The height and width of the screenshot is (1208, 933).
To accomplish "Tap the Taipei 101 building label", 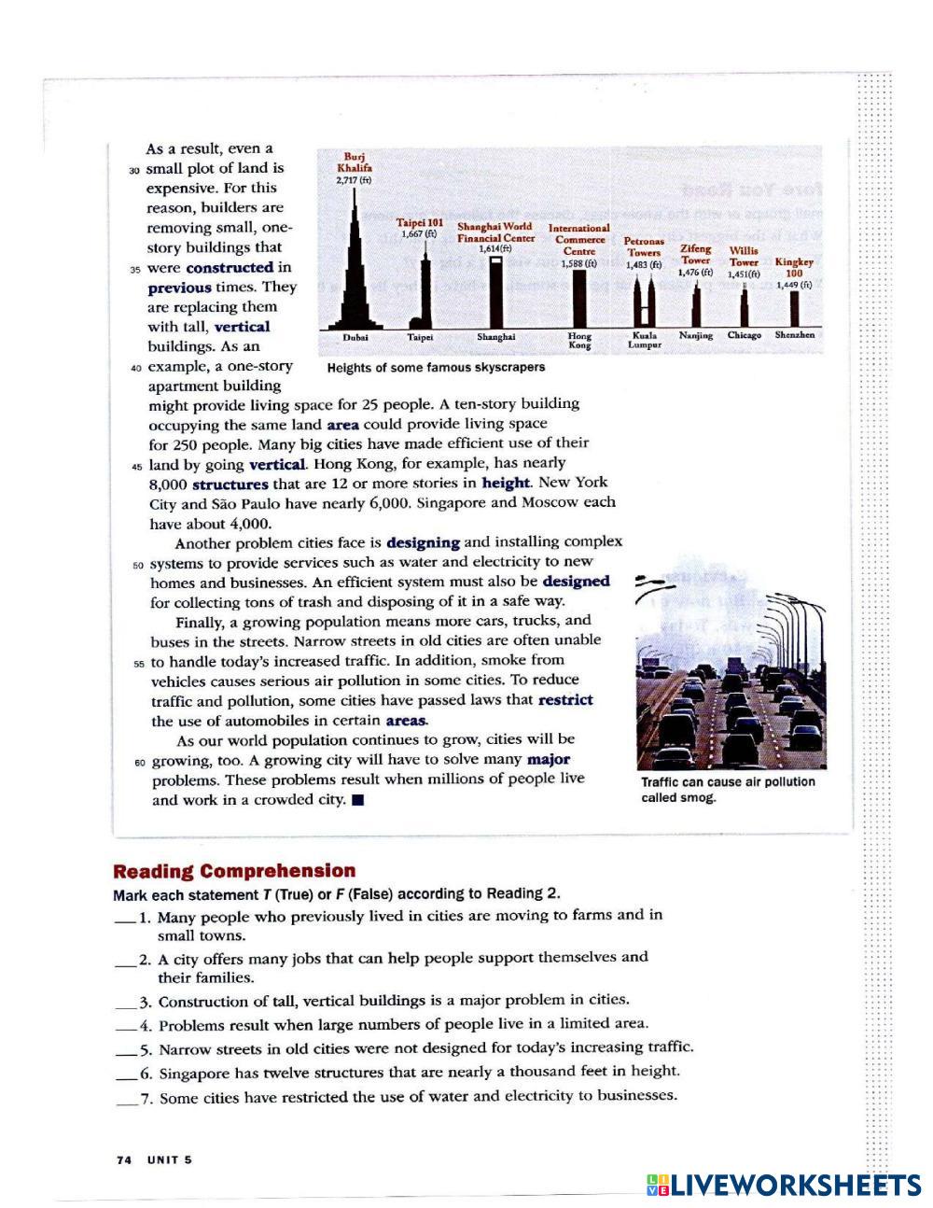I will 420,228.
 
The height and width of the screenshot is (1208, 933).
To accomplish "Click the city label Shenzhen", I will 794,334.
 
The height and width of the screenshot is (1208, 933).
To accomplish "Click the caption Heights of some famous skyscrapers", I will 436,368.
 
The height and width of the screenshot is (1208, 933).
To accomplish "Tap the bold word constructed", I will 230,268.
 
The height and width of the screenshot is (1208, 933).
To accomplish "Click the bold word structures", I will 230,485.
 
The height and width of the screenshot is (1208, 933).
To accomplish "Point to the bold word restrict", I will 565,700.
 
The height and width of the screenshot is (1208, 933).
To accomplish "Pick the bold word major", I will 548,760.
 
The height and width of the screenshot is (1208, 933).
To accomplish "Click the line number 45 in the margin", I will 138,465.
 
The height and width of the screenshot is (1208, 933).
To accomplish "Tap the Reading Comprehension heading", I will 234,871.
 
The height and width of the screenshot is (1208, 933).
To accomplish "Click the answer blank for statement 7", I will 127,1100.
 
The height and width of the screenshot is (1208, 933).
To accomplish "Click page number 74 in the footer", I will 124,1159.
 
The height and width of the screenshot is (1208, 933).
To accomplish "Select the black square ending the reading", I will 357,801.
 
